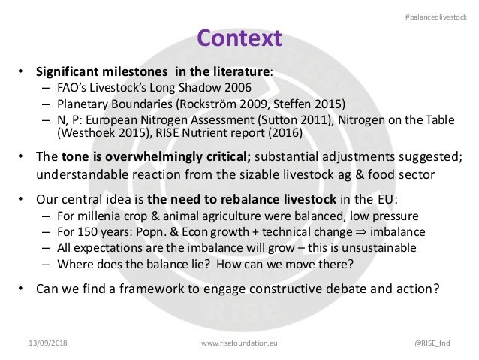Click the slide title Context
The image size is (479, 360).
239,37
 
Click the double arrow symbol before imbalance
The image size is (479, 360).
360,231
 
